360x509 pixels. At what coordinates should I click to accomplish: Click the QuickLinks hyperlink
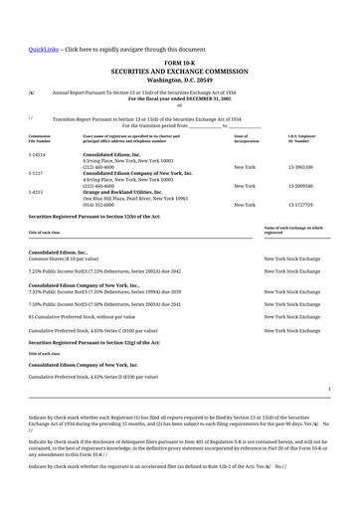[x=44, y=49]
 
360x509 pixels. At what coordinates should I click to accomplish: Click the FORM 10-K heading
[x=179, y=63]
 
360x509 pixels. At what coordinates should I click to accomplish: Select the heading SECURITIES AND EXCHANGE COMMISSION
[x=179, y=72]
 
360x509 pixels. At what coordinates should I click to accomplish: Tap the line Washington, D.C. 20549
[x=179, y=80]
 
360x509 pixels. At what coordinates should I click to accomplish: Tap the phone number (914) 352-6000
[x=98, y=205]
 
